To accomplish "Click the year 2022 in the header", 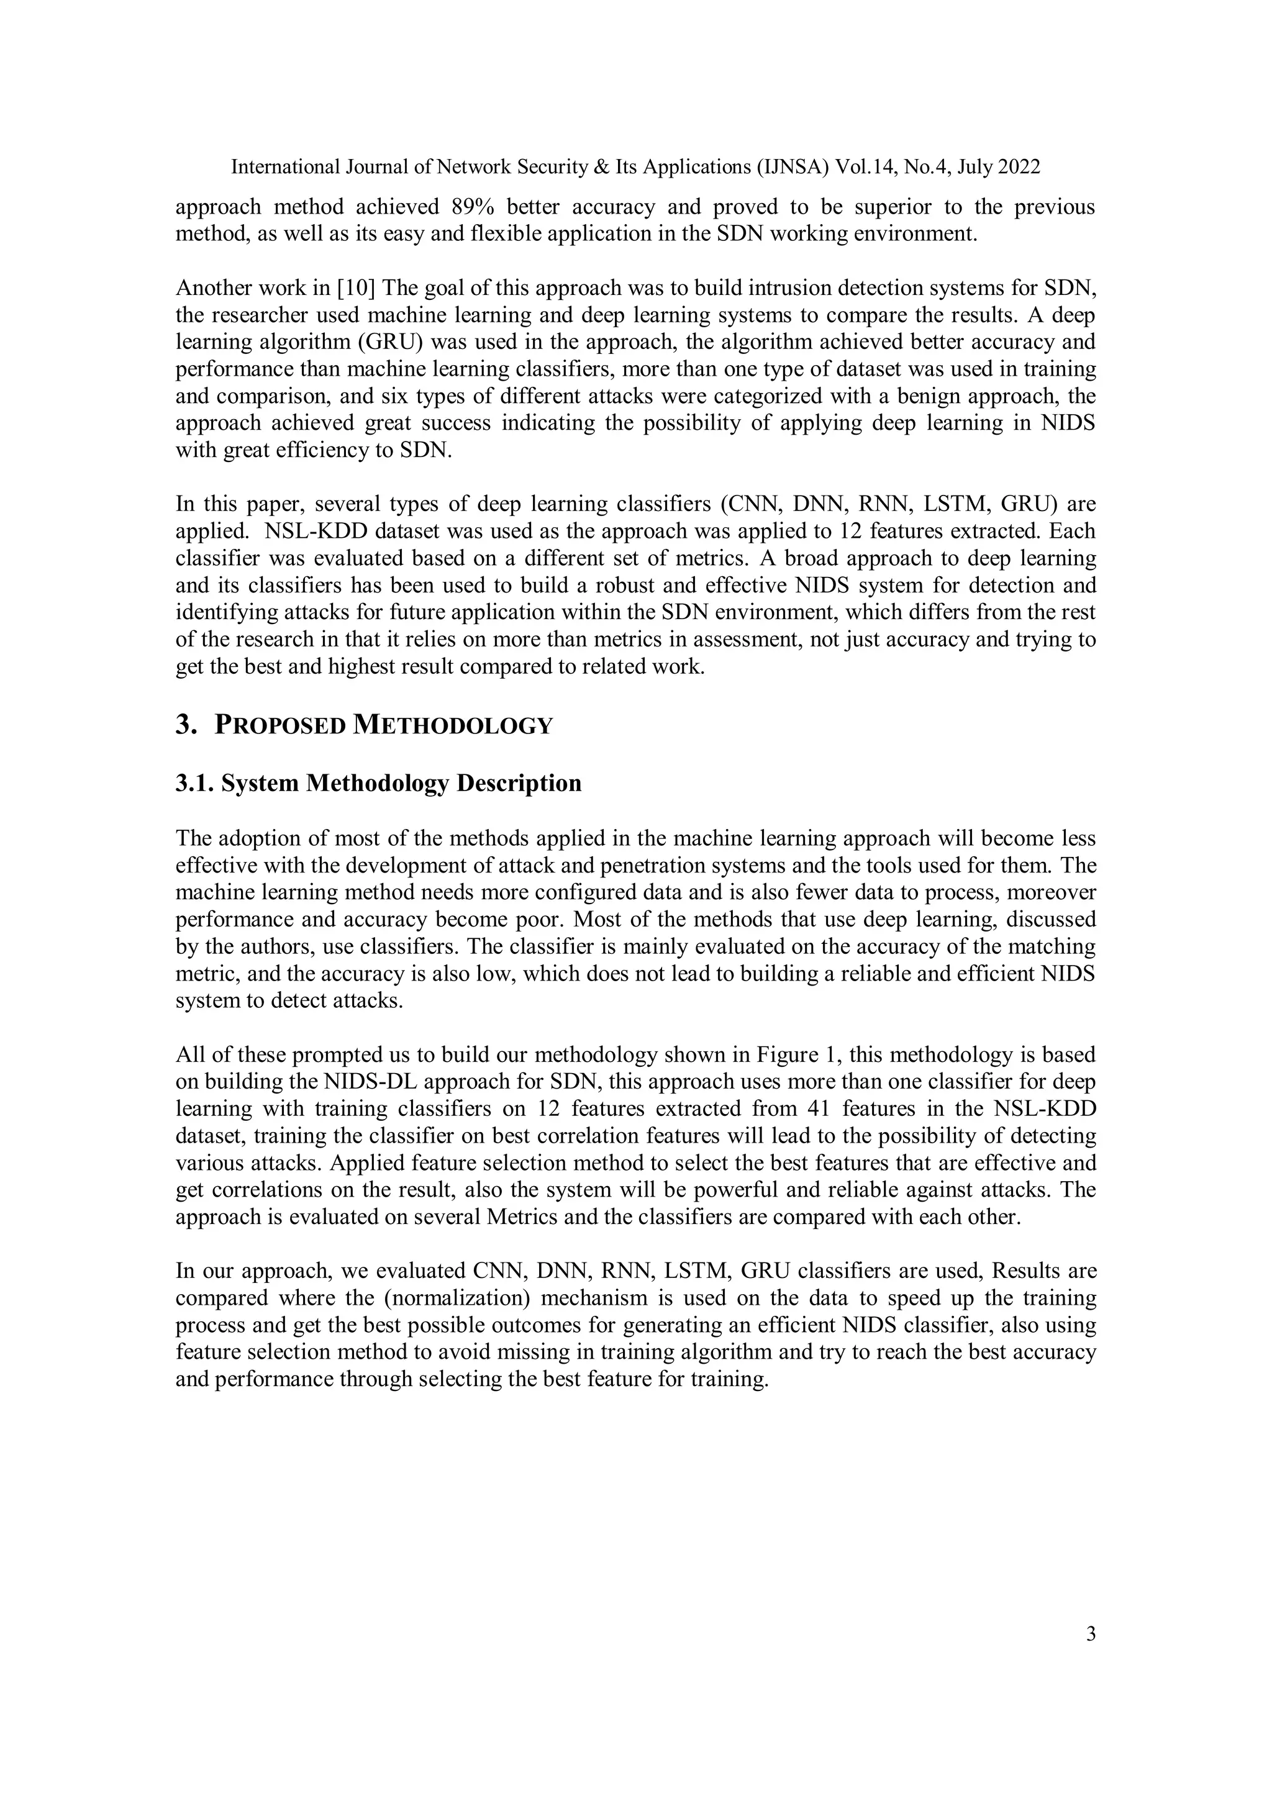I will coord(1018,167).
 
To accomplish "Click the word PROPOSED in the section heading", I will coord(279,725).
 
